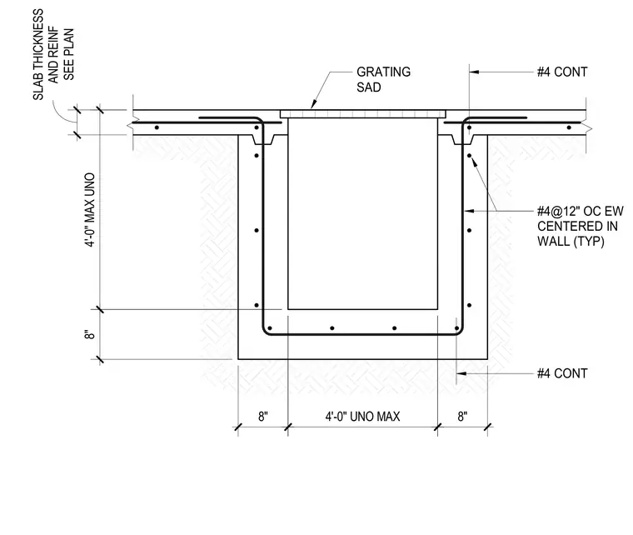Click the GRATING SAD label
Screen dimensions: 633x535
coord(383,79)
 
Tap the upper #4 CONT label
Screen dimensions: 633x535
coord(562,72)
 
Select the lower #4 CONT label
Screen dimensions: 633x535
coord(562,373)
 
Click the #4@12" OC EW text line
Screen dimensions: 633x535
coord(581,211)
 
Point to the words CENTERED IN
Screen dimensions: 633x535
coord(577,226)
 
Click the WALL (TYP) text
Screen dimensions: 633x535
coord(571,242)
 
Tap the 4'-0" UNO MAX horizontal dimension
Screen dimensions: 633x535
coord(362,417)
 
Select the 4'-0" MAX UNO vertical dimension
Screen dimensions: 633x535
coord(91,210)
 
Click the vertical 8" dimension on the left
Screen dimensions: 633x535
coord(90,335)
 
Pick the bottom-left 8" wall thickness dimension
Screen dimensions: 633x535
coord(263,417)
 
